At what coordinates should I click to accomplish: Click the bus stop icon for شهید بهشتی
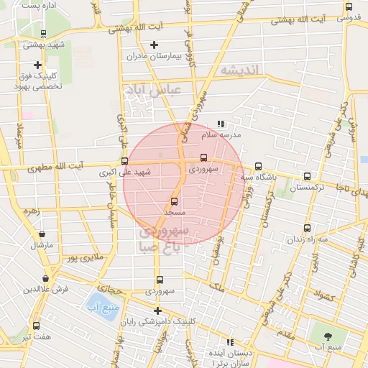coord(44,33)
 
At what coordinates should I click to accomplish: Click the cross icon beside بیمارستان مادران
coord(154,45)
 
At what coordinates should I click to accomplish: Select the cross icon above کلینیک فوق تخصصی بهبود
coord(38,65)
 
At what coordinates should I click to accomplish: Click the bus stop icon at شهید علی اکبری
coord(125,161)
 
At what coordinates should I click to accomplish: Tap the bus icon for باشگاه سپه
coord(259,166)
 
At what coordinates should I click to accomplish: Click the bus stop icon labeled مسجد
coord(174,201)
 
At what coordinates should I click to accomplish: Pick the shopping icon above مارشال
coord(41,234)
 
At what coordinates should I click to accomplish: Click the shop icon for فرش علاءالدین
coord(46,278)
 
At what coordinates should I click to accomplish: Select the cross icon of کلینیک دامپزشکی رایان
coord(157,310)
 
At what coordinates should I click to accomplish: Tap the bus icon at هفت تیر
coord(36,326)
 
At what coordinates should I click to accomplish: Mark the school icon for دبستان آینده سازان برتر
coord(231,343)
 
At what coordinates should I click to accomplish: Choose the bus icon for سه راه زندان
coord(308,229)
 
